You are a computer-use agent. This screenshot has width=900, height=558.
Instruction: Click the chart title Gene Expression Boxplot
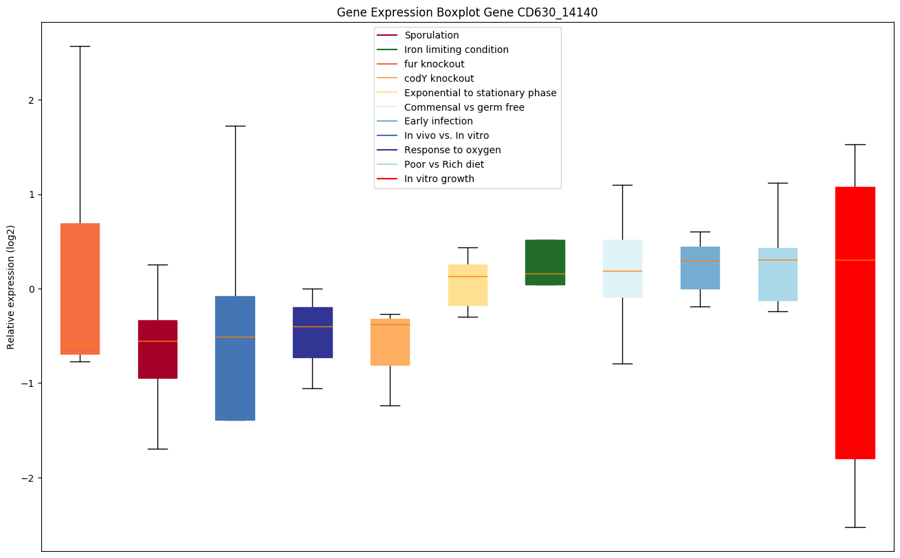point(467,12)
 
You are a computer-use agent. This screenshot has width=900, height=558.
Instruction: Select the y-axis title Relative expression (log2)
point(11,287)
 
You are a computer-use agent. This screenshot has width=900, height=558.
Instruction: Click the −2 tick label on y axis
point(29,478)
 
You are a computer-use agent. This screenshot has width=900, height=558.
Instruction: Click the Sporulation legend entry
point(431,35)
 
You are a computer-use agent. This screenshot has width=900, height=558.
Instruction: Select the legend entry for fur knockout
point(434,64)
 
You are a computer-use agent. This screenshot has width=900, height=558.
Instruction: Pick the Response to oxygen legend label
point(452,150)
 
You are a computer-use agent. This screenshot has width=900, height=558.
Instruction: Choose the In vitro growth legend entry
point(439,179)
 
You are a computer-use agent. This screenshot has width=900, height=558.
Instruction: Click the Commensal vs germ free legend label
point(464,107)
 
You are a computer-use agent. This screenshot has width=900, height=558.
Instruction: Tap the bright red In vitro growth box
point(855,357)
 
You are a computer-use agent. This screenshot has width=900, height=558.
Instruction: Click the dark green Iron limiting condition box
point(545,262)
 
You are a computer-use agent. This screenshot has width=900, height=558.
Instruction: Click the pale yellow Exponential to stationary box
point(468,284)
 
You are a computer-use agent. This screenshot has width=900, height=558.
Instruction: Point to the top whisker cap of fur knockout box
point(80,46)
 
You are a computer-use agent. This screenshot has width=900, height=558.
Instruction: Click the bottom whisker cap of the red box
point(855,527)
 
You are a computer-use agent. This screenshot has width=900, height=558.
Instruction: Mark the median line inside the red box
point(855,260)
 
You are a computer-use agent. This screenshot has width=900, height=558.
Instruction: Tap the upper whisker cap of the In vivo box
point(235,126)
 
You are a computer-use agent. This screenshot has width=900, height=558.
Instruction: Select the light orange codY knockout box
point(390,342)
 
